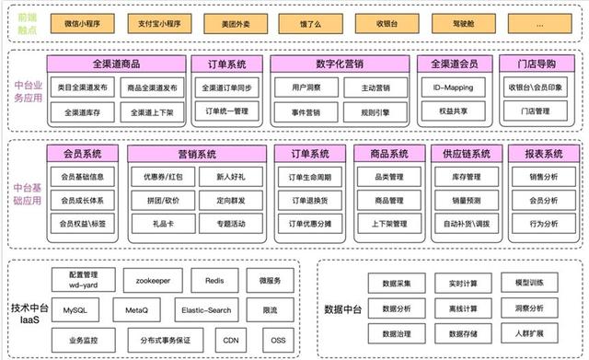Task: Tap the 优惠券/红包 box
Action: click(163, 176)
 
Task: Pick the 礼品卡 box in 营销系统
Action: click(163, 223)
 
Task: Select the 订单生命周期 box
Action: click(317, 177)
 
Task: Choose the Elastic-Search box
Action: click(206, 311)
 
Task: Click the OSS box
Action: click(278, 340)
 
